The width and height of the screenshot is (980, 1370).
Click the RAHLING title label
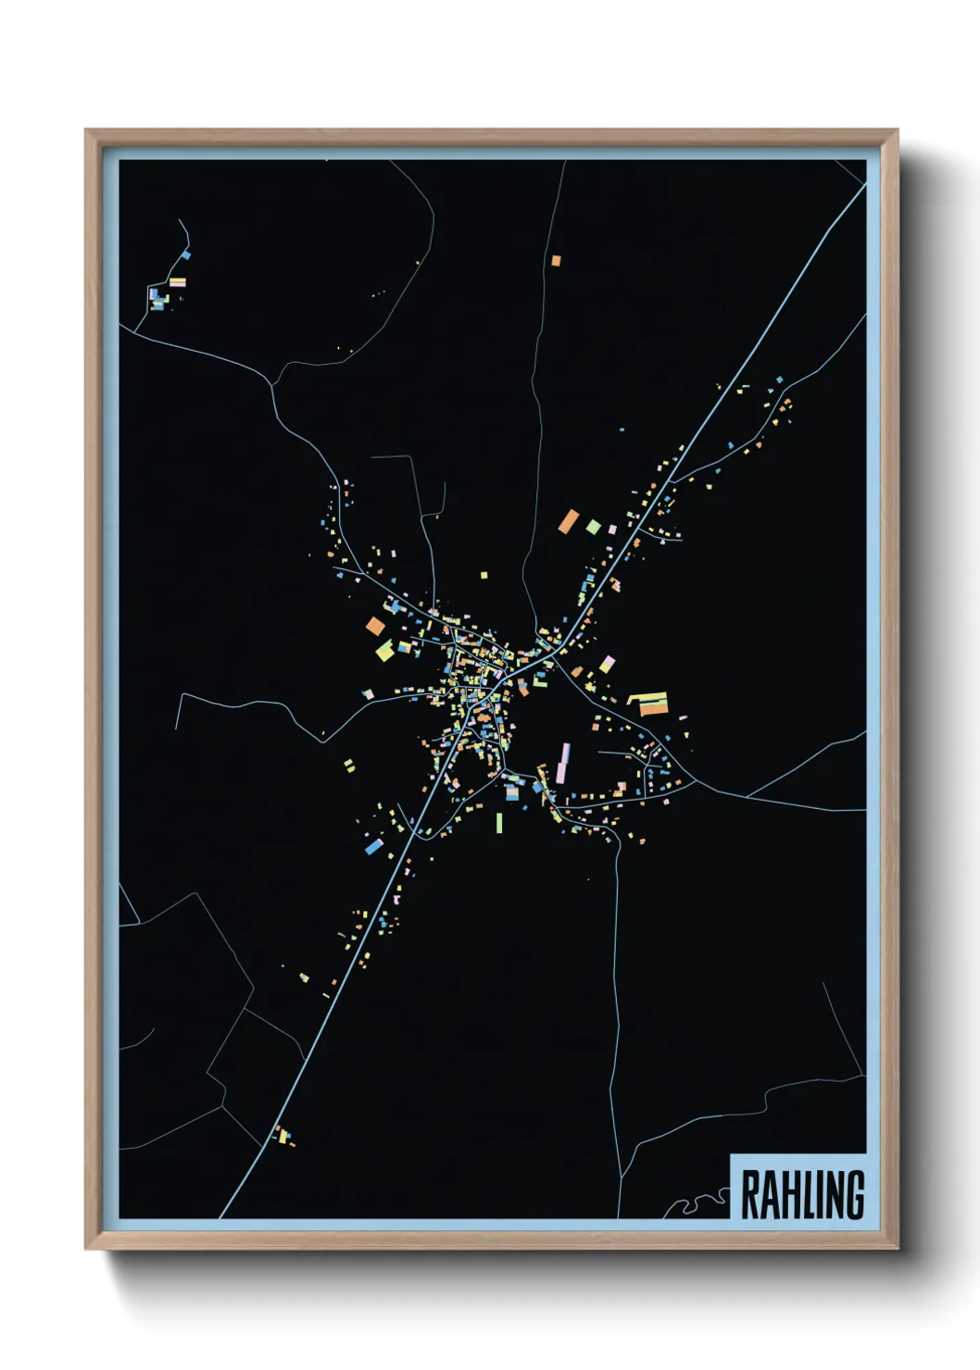click(x=802, y=1195)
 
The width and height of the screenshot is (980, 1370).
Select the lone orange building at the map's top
click(x=556, y=261)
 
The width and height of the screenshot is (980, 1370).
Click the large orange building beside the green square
click(x=568, y=521)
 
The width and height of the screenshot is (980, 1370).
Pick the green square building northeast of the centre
click(x=593, y=527)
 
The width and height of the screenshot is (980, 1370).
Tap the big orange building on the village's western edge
click(x=375, y=626)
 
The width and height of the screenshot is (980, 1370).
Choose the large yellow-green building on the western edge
click(x=384, y=651)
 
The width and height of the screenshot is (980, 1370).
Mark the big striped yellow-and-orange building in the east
click(x=648, y=704)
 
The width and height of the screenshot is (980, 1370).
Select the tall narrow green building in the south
click(x=499, y=822)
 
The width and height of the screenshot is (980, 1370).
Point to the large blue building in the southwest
click(x=373, y=846)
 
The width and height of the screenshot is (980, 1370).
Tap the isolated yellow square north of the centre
click(x=484, y=575)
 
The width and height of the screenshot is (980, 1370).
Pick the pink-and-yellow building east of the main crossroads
click(x=607, y=664)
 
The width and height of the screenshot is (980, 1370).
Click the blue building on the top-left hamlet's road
click(x=186, y=255)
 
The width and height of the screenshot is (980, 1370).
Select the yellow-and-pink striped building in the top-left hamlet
click(x=177, y=282)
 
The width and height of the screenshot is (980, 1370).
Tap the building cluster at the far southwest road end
click(x=283, y=1136)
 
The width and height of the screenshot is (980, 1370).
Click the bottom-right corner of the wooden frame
click(x=896, y=1247)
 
